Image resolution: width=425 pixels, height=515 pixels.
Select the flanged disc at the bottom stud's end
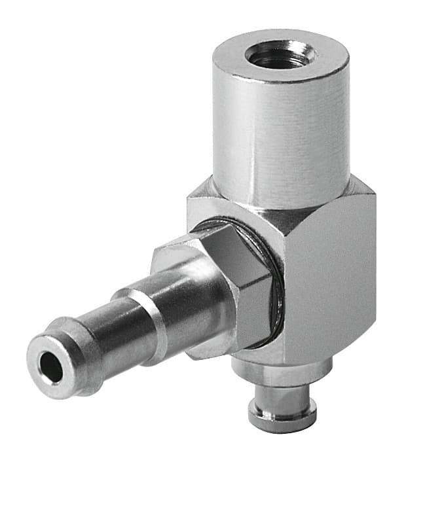[282, 412]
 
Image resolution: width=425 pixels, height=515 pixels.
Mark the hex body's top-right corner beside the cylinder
[364, 190]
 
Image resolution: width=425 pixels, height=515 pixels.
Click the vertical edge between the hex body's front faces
[286, 288]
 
